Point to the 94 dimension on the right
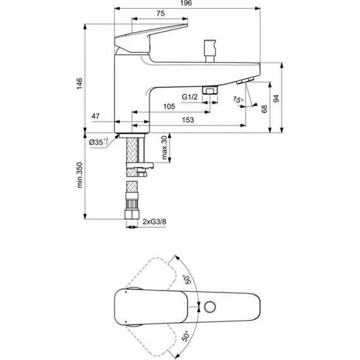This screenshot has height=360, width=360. pyautogui.click(x=276, y=98)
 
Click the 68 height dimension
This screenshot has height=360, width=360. pyautogui.click(x=264, y=109)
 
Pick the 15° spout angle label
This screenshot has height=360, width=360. pyautogui.click(x=237, y=100)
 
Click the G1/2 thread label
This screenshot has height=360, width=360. pyautogui.click(x=190, y=97)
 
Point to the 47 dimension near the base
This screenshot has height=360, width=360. pyautogui.click(x=96, y=116)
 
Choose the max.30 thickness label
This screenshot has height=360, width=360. pyautogui.click(x=162, y=148)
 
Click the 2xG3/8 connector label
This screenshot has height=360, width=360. pyautogui.click(x=155, y=221)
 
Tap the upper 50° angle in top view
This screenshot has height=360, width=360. pyautogui.click(x=188, y=279)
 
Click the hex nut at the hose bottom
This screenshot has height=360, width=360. pyautogui.click(x=132, y=217)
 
